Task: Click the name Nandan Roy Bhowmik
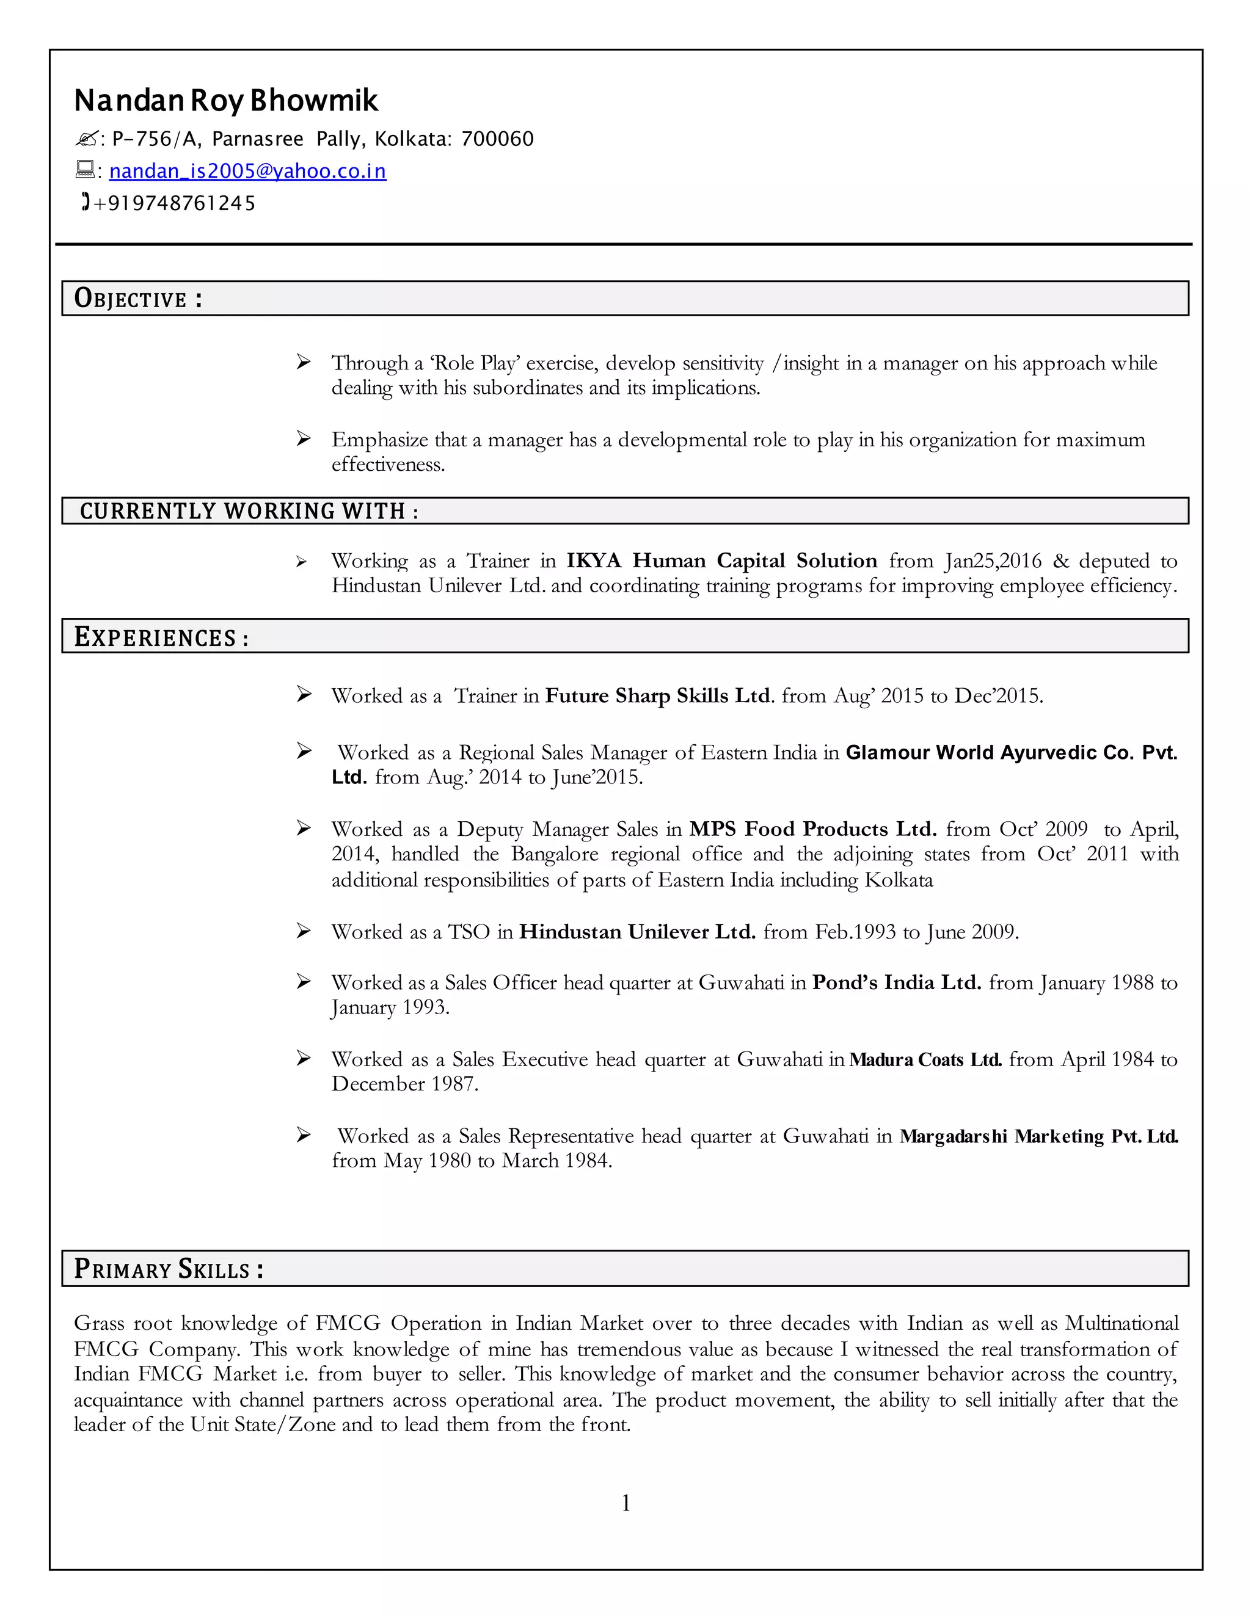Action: coord(226,101)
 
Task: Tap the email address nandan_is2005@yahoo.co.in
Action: coord(247,171)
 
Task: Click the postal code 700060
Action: coord(497,139)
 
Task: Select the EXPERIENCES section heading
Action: coord(161,637)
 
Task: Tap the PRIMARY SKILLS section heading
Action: coord(168,1269)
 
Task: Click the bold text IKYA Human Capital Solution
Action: coord(721,561)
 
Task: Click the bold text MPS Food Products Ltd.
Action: coord(812,829)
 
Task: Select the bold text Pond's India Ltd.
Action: coord(896,982)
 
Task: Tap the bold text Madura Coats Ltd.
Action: coord(925,1059)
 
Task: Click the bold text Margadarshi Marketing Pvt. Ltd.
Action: coord(1038,1136)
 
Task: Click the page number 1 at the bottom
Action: coord(625,1503)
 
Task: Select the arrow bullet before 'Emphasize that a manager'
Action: coord(303,438)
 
